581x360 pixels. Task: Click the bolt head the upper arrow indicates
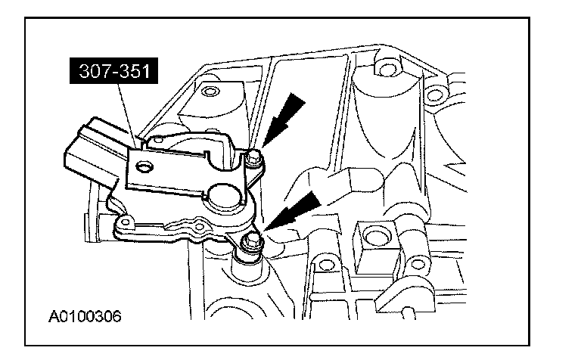pyautogui.click(x=255, y=157)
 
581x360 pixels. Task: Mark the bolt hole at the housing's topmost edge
pyautogui.click(x=387, y=71)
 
